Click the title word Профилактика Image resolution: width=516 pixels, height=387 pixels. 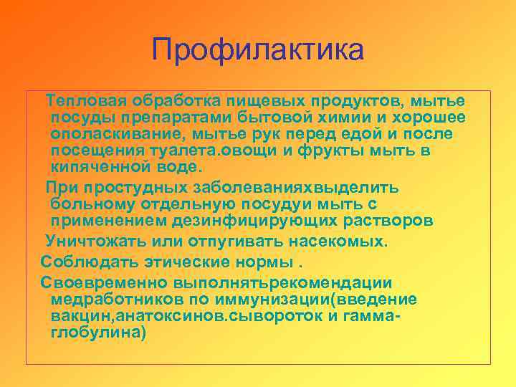click(258, 50)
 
